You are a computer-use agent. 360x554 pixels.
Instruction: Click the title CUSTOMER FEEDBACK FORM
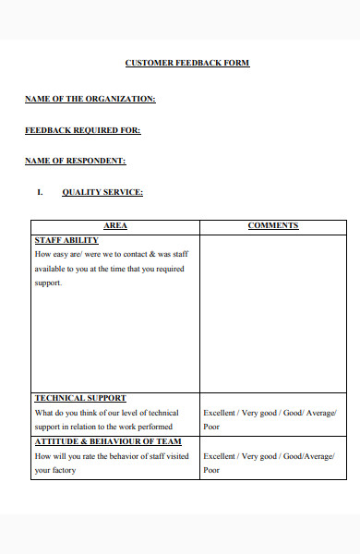click(187, 63)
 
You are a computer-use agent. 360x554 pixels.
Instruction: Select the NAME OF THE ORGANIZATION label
click(90, 98)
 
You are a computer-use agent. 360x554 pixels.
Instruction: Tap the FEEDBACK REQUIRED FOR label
click(83, 130)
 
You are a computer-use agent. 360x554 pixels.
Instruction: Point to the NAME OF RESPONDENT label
click(76, 161)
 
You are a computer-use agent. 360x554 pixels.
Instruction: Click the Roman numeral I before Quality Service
click(40, 192)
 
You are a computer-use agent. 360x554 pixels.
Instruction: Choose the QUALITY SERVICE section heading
click(102, 192)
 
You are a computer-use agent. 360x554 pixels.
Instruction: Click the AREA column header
click(116, 225)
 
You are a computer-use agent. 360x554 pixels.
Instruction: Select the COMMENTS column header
click(273, 225)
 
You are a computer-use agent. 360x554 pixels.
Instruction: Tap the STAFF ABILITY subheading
click(66, 239)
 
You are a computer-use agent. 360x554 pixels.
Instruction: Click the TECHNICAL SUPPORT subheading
click(80, 398)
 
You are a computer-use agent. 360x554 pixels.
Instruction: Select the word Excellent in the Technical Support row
click(220, 413)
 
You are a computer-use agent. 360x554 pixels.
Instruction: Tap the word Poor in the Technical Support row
click(211, 428)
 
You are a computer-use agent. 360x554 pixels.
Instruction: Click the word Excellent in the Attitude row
click(220, 456)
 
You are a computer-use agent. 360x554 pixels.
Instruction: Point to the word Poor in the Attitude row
click(211, 471)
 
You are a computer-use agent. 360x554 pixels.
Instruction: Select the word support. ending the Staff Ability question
click(48, 283)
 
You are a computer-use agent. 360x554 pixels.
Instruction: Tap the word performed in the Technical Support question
click(150, 428)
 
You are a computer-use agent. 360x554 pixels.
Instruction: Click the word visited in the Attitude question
click(177, 456)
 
